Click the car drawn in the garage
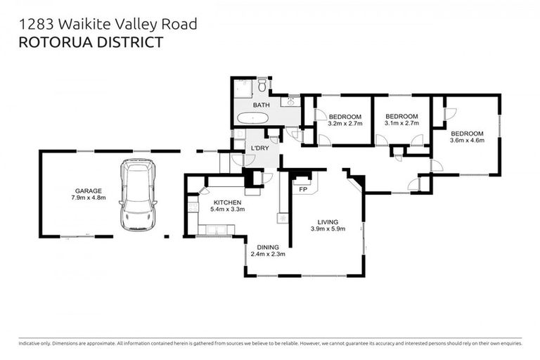point(138,195)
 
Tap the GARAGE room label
point(89,191)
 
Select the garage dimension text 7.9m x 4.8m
point(89,198)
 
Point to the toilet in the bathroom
point(262,86)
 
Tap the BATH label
point(261,105)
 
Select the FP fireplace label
point(303,189)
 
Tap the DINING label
point(267,247)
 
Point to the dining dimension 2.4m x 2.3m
point(267,255)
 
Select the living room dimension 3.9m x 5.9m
point(328,229)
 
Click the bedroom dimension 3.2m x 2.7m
point(345,123)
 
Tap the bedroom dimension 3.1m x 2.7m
point(401,123)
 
